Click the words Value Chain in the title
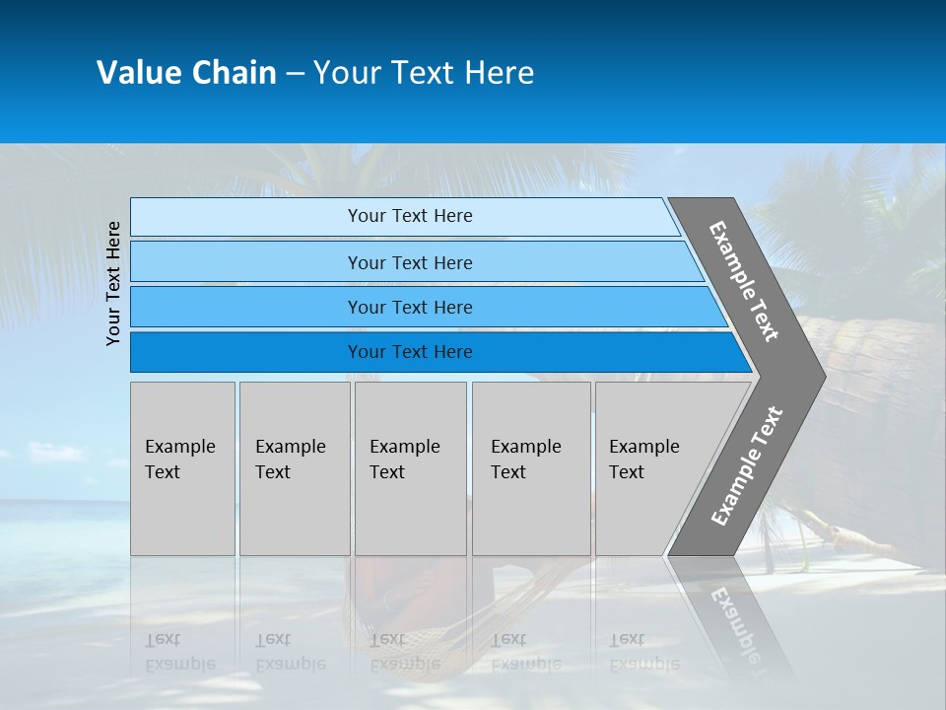(186, 73)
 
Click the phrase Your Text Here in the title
(424, 73)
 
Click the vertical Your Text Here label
(113, 284)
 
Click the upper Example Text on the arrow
(744, 282)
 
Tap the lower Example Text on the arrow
(746, 465)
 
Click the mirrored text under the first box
(179, 652)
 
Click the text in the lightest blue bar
(410, 216)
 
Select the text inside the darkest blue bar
(410, 352)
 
